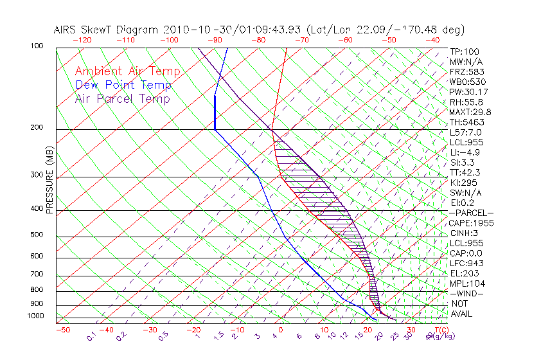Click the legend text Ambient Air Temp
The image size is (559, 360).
(x=127, y=71)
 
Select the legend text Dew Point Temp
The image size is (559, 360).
(x=123, y=85)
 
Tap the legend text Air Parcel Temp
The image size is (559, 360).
(x=122, y=98)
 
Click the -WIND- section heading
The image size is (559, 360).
(x=467, y=293)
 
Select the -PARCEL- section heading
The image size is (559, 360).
(x=472, y=213)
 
